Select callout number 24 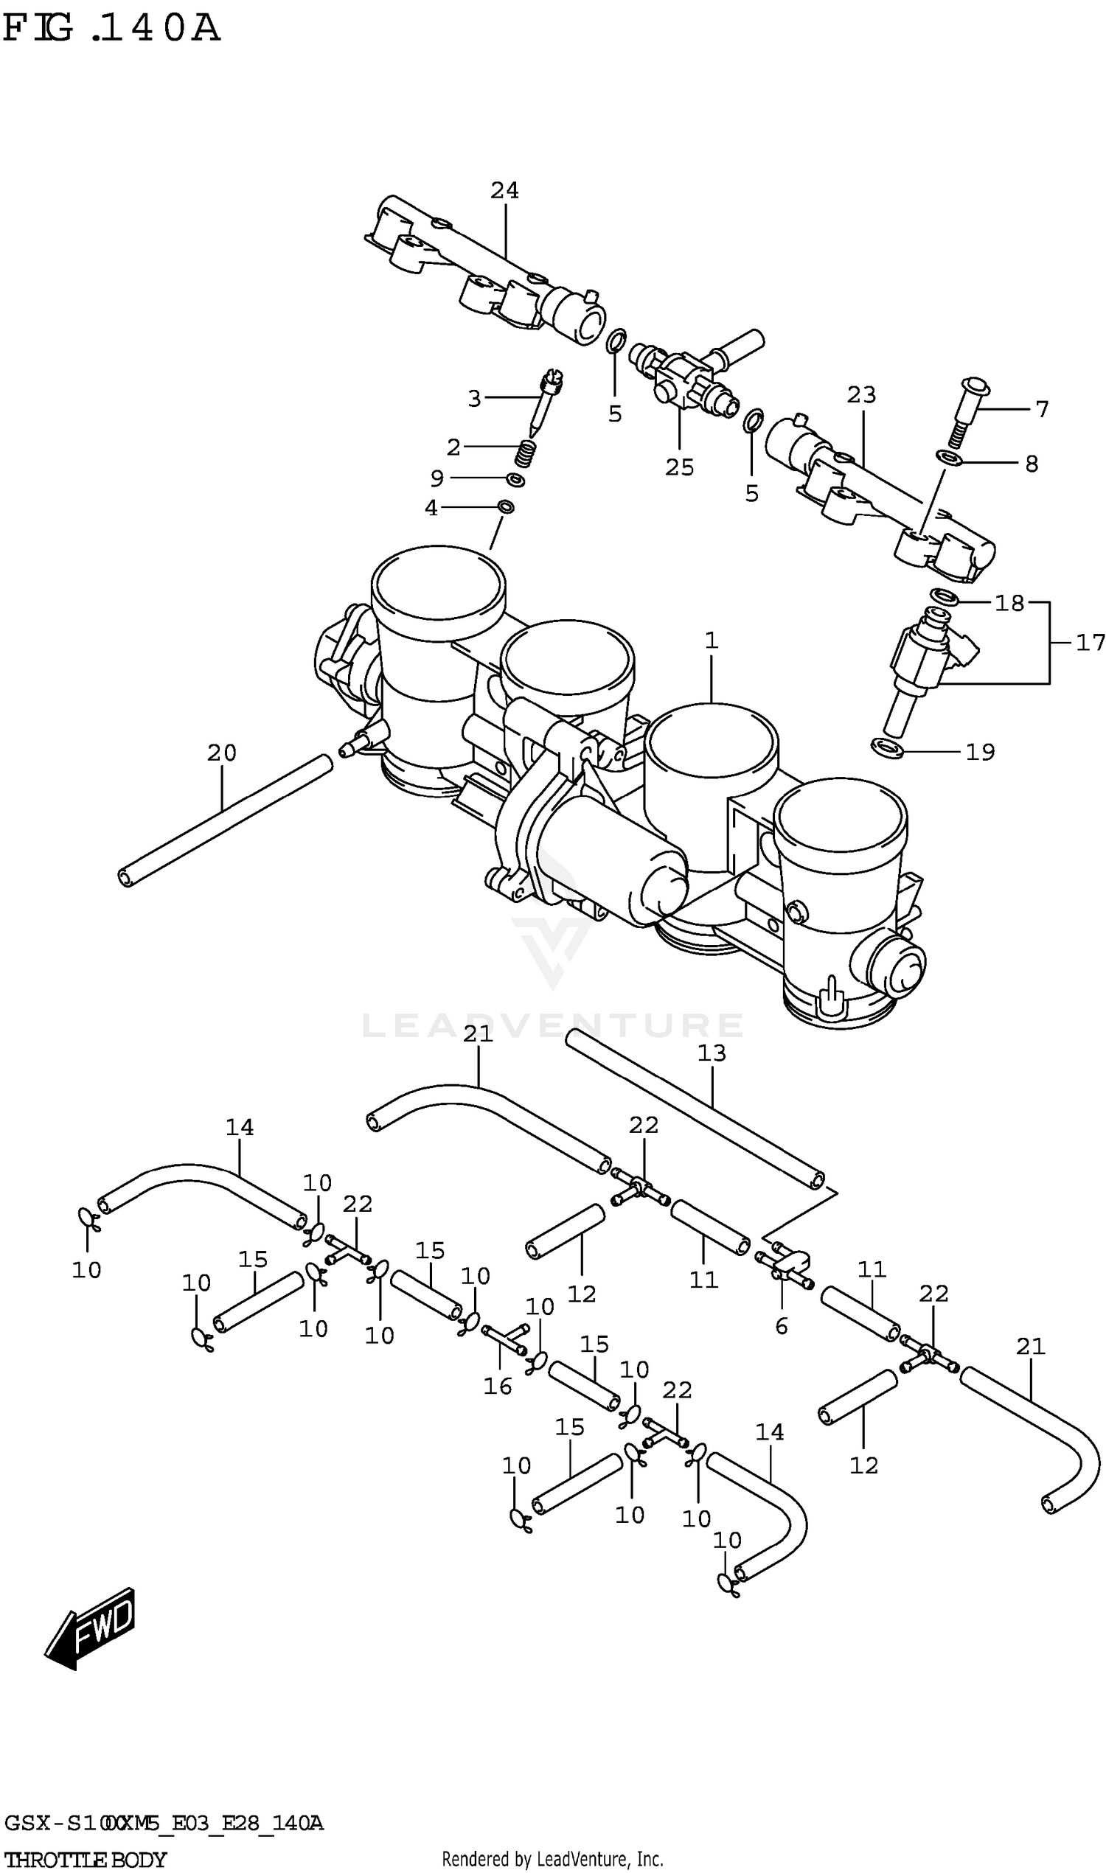click(504, 191)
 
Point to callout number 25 click(679, 467)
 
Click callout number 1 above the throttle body click(711, 640)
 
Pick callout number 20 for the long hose click(221, 753)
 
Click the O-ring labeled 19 click(887, 747)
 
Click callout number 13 click(711, 1053)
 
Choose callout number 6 click(781, 1325)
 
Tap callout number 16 click(497, 1386)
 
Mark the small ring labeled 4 click(505, 507)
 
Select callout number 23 click(860, 395)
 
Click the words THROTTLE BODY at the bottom click(86, 1860)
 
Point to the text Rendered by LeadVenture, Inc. click(552, 1859)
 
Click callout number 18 click(1009, 603)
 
